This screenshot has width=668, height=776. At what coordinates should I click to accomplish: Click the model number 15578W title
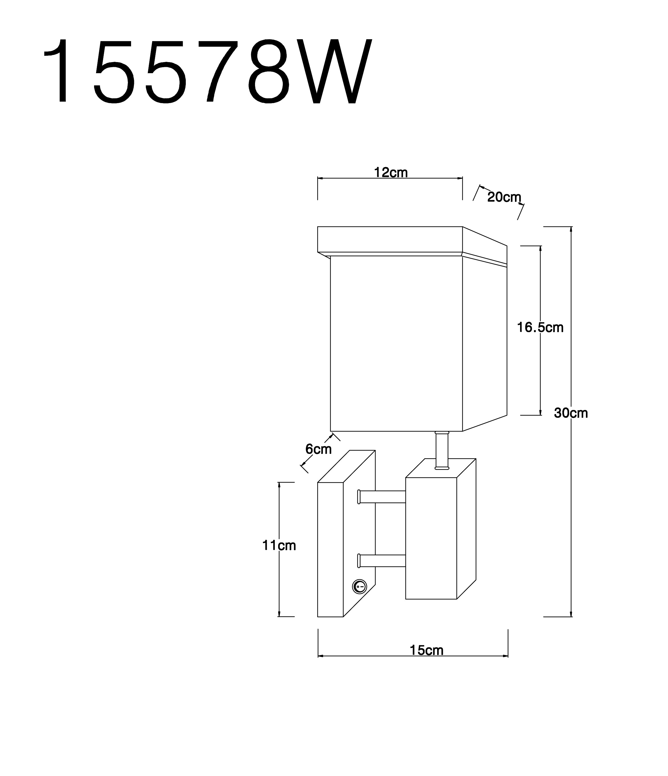(208, 71)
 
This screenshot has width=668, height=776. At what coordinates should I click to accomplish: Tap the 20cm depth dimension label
(504, 197)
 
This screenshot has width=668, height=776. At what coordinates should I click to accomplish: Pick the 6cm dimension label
(318, 449)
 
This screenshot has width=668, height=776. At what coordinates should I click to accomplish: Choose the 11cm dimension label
(279, 545)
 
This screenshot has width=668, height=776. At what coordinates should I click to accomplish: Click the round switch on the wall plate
(359, 587)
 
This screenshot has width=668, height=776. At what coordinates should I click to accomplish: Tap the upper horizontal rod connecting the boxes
(382, 497)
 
